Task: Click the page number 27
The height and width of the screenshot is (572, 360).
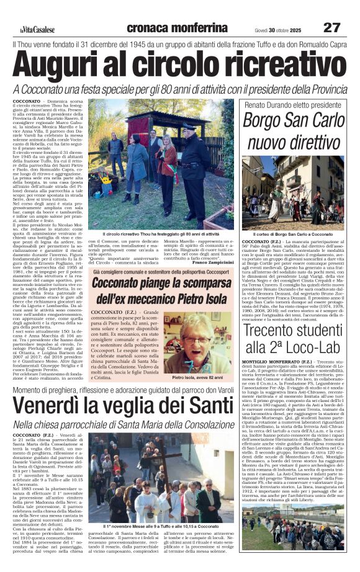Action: click(332, 28)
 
